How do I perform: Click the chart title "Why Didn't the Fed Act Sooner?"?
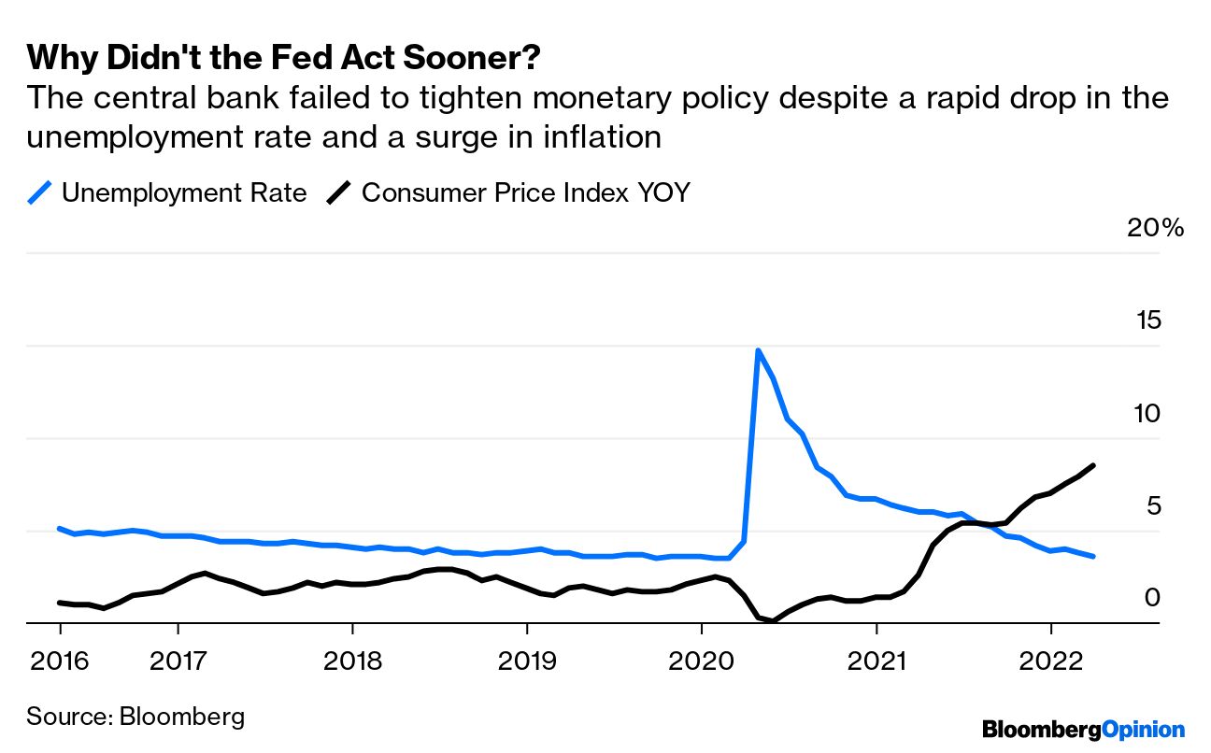coord(284,58)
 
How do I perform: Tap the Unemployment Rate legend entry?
coord(168,193)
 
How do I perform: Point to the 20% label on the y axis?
coord(1155,229)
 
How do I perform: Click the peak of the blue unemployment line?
coord(758,350)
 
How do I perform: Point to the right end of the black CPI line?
coord(1094,465)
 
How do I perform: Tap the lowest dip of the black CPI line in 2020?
coord(774,620)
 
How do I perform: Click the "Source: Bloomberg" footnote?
coord(135,717)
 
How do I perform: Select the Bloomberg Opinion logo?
coord(1083,730)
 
